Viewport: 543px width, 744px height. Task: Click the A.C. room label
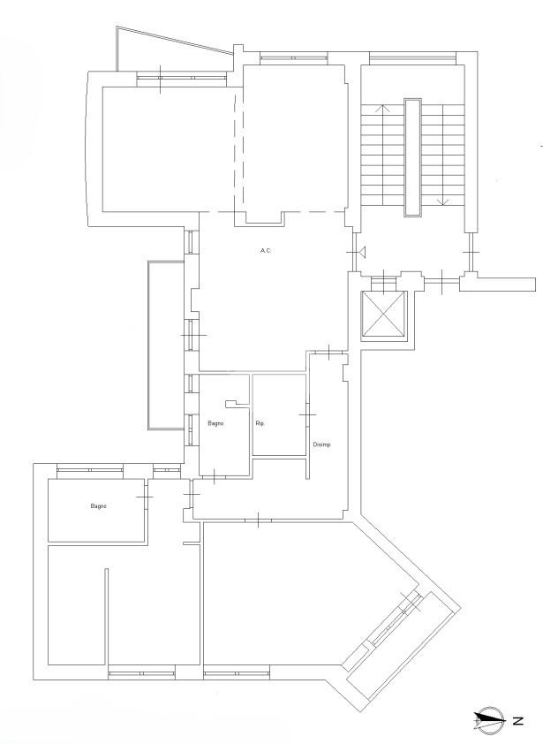[x=266, y=251]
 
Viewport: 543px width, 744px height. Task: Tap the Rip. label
[x=260, y=423]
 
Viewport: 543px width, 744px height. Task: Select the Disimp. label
[x=322, y=444]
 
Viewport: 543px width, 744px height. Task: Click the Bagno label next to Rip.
[x=215, y=423]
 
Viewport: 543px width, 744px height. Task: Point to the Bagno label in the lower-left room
[x=99, y=505]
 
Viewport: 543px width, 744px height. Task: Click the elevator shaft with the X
[x=384, y=315]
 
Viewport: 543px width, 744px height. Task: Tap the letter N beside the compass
[x=517, y=721]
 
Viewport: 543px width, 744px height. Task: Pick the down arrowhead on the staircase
[x=442, y=202]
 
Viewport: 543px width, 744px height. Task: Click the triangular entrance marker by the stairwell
[x=363, y=253]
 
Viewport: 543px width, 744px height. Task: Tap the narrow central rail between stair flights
[x=412, y=157]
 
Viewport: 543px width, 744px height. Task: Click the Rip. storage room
[x=279, y=414]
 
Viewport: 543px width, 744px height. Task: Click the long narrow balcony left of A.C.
[x=165, y=345]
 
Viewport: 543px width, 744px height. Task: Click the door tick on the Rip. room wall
[x=307, y=414]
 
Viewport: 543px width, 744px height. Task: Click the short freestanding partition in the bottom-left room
[x=106, y=617]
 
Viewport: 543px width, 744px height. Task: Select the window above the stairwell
[x=412, y=58]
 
